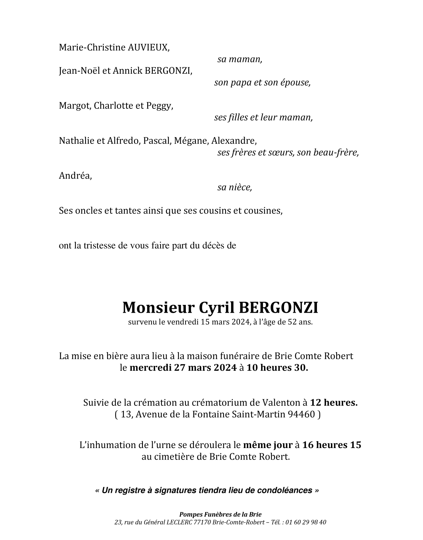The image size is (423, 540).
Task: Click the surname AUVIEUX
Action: (x=148, y=48)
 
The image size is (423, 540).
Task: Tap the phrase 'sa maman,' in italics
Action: (x=240, y=59)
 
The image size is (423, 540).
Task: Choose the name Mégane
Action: (x=191, y=141)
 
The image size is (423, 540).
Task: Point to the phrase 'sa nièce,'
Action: (x=235, y=187)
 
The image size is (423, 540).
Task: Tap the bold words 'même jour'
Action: (x=268, y=445)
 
